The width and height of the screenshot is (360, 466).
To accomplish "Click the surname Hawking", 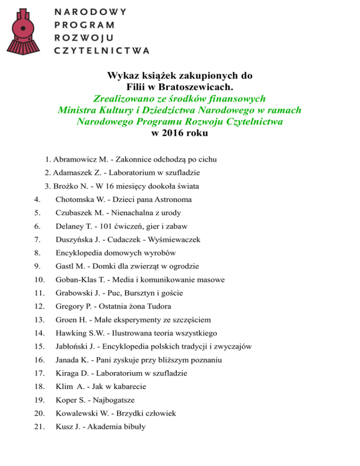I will pos(71,333).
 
